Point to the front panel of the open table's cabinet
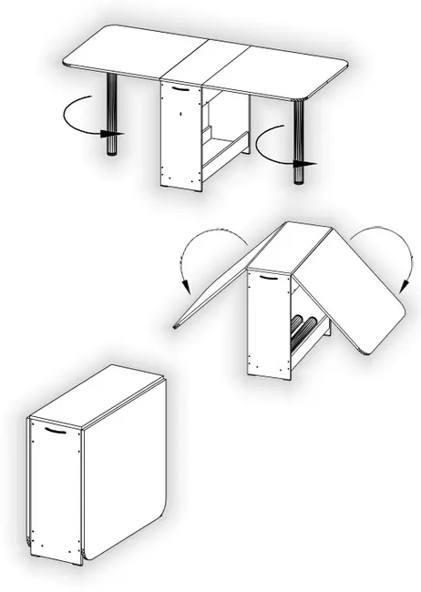180,137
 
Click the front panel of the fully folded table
56,492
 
